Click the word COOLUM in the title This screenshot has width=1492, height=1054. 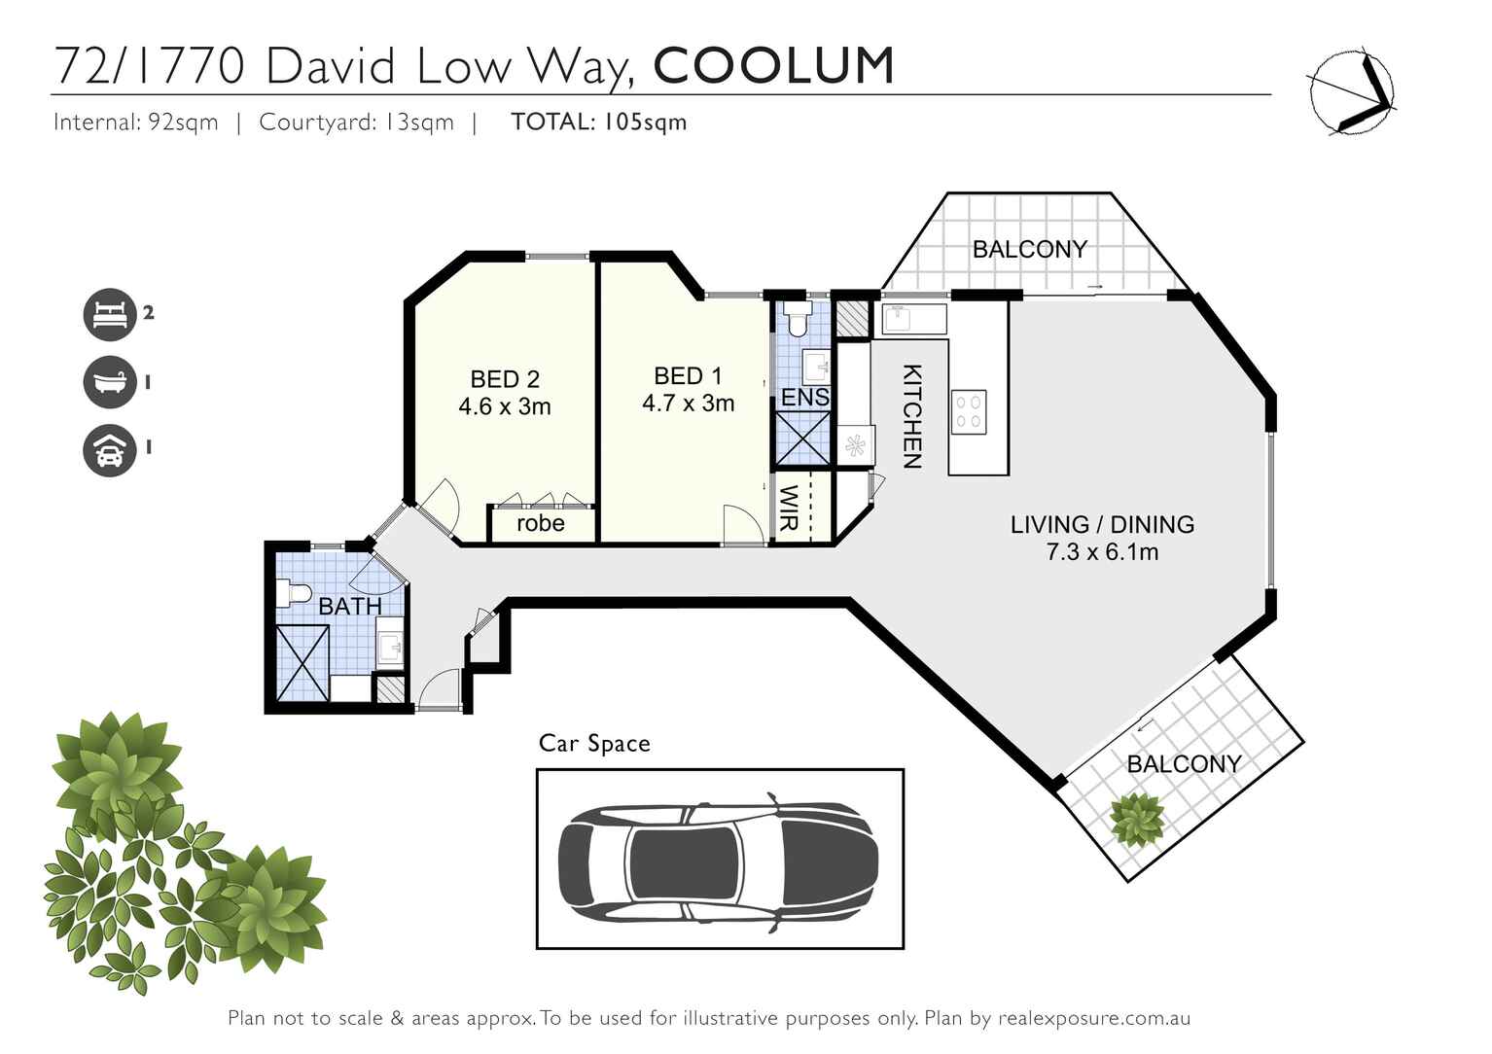pyautogui.click(x=773, y=66)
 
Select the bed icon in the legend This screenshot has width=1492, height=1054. pyautogui.click(x=110, y=314)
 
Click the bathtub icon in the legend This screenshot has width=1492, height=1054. pyautogui.click(x=110, y=381)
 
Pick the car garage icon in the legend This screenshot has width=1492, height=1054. pyautogui.click(x=110, y=449)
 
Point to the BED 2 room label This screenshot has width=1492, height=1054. pyautogui.click(x=504, y=379)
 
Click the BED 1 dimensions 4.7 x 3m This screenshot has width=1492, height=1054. pyautogui.click(x=688, y=404)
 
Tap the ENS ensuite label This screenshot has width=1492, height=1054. pyautogui.click(x=804, y=397)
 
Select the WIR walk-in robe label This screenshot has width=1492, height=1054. pyautogui.click(x=789, y=508)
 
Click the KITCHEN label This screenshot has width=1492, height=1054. pyautogui.click(x=911, y=416)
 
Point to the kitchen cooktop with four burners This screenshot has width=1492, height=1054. pyautogui.click(x=969, y=411)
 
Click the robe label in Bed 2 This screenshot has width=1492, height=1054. pyautogui.click(x=540, y=523)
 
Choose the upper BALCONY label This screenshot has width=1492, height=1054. pyautogui.click(x=1029, y=249)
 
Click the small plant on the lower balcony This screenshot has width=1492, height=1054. pyautogui.click(x=1137, y=820)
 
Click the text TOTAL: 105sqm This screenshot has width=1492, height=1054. pyautogui.click(x=598, y=123)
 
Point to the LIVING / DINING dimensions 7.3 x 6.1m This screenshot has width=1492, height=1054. pyautogui.click(x=1101, y=552)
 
